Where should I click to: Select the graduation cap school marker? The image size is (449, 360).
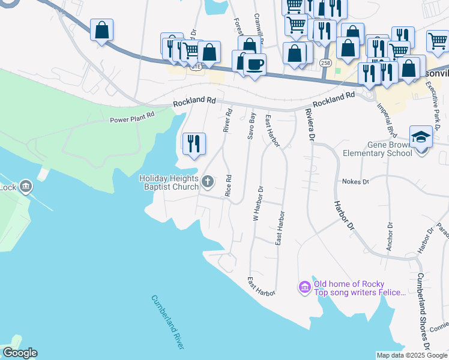click(421, 137)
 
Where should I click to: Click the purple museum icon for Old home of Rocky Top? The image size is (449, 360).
click(305, 288)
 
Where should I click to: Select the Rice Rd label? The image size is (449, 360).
click(228, 186)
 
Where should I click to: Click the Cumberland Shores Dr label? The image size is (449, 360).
click(422, 311)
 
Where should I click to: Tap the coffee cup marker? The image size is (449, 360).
click(254, 64)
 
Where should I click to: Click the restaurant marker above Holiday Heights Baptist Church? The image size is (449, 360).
click(194, 144)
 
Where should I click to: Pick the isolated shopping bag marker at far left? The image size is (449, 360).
click(102, 30)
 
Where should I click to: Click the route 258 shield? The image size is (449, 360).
click(324, 62)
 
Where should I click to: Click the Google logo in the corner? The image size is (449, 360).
click(20, 353)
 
